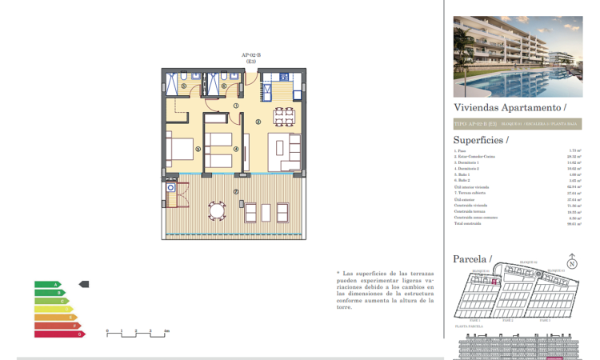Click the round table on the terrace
[x=217, y=212]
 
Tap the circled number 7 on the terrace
[x=235, y=191]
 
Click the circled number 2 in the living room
[x=258, y=121]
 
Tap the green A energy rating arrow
[x=47, y=284]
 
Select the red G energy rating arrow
[x=59, y=334]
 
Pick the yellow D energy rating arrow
[x=53, y=309]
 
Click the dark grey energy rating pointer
[x=84, y=284]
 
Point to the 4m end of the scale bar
[x=166, y=330]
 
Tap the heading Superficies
[x=480, y=140]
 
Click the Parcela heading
[x=471, y=259]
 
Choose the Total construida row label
[x=471, y=225]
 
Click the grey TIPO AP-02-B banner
[x=517, y=124]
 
